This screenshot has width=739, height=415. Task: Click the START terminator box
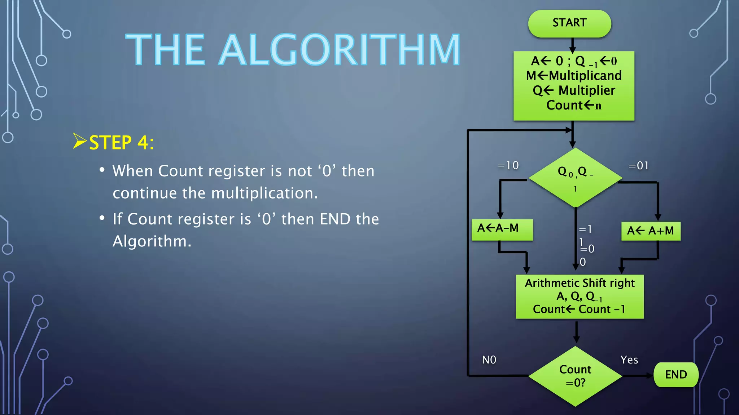click(569, 23)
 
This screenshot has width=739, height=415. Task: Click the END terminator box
click(676, 375)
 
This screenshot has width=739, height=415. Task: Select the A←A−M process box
click(502, 229)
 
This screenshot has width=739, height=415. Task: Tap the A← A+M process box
click(651, 231)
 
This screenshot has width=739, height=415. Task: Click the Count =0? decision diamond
click(575, 376)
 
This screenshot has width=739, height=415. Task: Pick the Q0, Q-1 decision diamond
click(575, 177)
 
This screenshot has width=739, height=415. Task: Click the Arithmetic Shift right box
click(580, 296)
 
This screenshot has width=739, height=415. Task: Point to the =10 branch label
click(508, 165)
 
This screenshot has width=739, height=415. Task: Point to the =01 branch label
click(638, 166)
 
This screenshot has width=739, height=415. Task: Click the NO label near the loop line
click(489, 360)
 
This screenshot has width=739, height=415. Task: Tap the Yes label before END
click(629, 360)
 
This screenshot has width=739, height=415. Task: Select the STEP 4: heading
click(121, 142)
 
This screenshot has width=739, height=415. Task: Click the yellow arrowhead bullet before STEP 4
click(79, 141)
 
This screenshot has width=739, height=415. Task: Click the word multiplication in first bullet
click(264, 193)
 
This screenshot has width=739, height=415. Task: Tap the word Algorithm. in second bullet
click(152, 241)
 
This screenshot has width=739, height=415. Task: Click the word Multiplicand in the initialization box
click(585, 76)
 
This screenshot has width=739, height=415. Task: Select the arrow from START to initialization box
click(572, 45)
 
